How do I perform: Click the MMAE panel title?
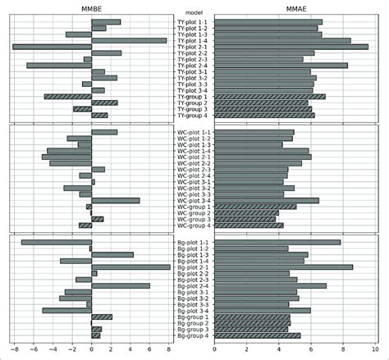click(296, 7)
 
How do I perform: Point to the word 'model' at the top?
click(194, 14)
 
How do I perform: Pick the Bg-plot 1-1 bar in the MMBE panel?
click(57, 242)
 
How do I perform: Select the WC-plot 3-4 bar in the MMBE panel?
click(116, 200)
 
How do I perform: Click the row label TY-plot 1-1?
click(194, 22)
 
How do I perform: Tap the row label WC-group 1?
click(194, 207)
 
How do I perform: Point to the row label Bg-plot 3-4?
click(194, 311)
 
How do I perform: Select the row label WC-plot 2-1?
click(194, 157)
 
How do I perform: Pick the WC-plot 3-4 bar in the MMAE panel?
click(267, 200)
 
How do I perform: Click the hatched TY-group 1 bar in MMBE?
click(68, 97)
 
